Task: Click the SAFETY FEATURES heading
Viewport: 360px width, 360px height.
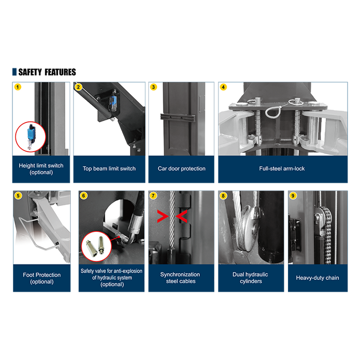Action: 47,72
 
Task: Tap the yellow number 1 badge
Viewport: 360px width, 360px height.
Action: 18,87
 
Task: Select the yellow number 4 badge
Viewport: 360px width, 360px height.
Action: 223,87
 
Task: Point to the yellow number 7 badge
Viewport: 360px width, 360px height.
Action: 153,196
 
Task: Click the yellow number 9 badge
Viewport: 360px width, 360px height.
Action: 293,196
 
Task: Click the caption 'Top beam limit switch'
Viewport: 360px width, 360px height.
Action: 109,168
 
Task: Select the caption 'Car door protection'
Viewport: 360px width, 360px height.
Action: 181,168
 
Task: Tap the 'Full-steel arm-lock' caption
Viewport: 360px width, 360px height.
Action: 282,168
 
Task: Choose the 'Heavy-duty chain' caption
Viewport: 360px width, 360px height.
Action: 318,278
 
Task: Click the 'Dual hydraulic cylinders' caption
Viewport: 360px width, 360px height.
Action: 251,278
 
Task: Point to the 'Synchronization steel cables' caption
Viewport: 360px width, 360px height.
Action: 180,278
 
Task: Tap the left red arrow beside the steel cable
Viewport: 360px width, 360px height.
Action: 163,216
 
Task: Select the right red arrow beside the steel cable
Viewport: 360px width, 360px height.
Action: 181,216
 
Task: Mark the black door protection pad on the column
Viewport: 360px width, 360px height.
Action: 178,117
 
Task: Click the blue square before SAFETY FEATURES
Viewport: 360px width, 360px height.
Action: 14,72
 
